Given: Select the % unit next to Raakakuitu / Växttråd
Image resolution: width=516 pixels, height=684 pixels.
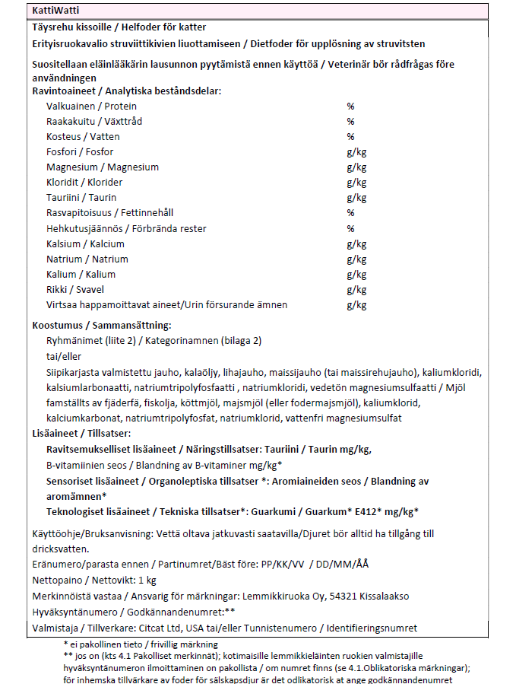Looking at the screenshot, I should [351, 122].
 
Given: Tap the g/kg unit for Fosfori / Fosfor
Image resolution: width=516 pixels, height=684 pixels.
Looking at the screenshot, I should [356, 152].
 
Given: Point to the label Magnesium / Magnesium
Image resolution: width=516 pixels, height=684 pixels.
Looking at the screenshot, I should [102, 167].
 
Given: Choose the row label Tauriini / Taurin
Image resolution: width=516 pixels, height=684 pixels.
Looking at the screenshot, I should [81, 198].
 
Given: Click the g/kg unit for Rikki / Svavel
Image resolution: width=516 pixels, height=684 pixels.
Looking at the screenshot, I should [356, 290].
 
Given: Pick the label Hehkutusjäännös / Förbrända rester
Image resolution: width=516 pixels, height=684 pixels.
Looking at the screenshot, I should [126, 228].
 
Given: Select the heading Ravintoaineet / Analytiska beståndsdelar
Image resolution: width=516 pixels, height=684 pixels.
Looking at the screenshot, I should [126, 91].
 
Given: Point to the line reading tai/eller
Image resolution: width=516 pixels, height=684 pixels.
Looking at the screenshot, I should [64, 356].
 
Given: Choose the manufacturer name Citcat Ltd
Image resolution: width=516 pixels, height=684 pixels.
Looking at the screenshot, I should [162, 628].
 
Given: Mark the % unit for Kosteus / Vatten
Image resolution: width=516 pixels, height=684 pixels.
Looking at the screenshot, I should [351, 137].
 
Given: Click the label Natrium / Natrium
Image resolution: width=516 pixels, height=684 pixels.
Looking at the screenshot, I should [87, 259].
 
